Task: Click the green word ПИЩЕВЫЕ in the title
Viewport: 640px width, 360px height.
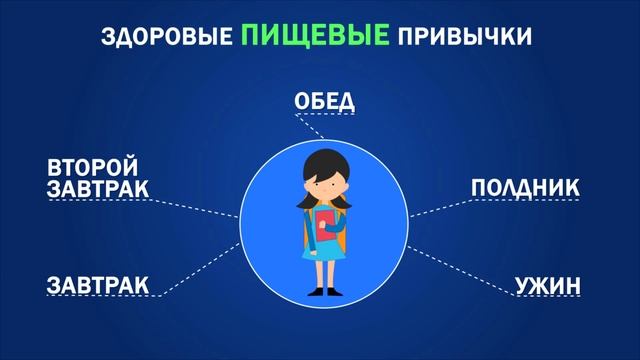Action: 315,37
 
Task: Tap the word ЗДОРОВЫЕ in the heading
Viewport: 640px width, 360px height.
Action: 167,39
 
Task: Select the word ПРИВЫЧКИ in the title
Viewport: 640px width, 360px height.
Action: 465,39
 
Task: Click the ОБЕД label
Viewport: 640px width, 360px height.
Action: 324,102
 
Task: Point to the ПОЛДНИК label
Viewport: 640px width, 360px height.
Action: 525,188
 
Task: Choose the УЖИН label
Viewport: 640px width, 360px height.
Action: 547,286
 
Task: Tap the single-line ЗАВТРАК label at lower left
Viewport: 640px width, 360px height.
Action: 97,286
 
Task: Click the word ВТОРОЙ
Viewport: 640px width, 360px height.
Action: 92,167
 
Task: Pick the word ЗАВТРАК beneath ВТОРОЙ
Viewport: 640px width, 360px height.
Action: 97,189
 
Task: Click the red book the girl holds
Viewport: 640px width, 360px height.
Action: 324,223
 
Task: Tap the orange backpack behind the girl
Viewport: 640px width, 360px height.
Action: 343,227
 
